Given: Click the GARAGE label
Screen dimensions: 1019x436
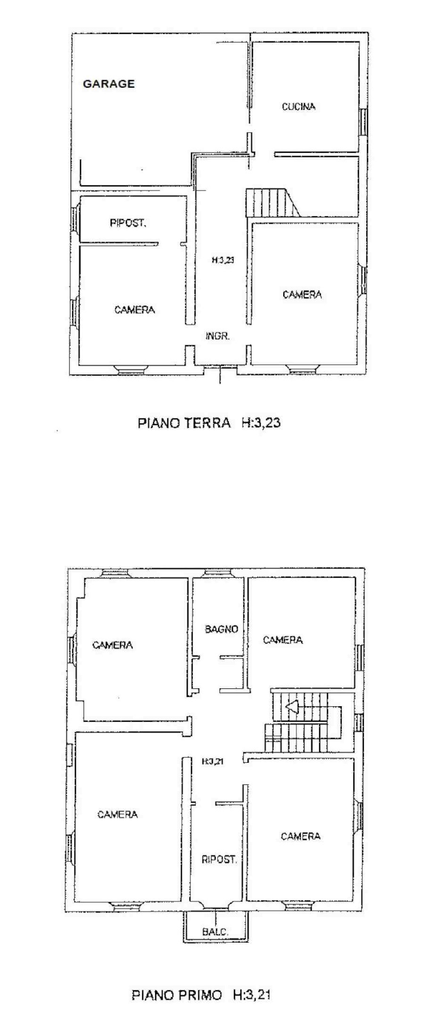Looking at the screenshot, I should (109, 84).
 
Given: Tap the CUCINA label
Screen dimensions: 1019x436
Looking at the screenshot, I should (298, 107).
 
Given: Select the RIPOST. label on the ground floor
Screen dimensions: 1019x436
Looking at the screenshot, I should (128, 223).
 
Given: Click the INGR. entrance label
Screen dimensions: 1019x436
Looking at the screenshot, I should (218, 336).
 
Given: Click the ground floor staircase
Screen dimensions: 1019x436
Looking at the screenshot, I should (271, 202).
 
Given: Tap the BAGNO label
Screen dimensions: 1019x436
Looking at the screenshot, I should (221, 629).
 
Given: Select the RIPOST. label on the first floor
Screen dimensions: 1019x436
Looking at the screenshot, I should (219, 860).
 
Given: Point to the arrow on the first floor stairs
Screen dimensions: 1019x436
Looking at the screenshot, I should (291, 706).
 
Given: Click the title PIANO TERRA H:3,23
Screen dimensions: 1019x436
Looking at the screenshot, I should (209, 422).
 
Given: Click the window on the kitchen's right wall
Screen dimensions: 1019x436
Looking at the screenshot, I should (363, 122).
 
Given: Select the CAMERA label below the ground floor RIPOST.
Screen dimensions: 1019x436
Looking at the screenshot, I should (135, 309).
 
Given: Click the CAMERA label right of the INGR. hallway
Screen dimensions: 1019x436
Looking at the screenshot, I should (302, 294).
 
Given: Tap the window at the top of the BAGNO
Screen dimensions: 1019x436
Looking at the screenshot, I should (217, 573).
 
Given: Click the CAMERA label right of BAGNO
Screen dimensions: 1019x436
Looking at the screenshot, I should (283, 640).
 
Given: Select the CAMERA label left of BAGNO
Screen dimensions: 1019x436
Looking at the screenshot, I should (113, 645).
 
